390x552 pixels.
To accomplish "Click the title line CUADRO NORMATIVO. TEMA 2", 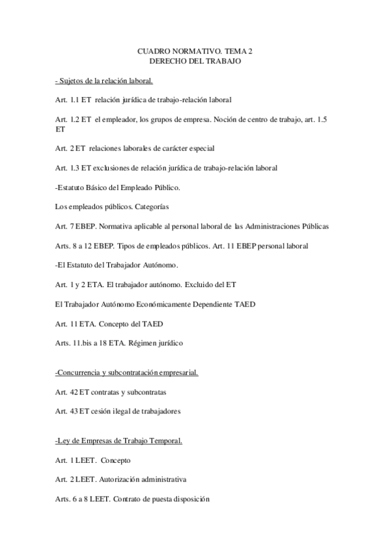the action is [x=195, y=50].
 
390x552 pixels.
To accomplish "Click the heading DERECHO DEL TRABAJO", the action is [x=195, y=61].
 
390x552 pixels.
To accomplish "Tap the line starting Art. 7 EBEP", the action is [x=192, y=227].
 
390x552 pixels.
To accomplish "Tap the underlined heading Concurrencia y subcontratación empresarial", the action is [x=127, y=372].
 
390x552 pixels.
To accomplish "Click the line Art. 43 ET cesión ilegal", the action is [x=117, y=411].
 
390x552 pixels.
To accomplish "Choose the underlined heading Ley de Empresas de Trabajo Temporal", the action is [x=119, y=441].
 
